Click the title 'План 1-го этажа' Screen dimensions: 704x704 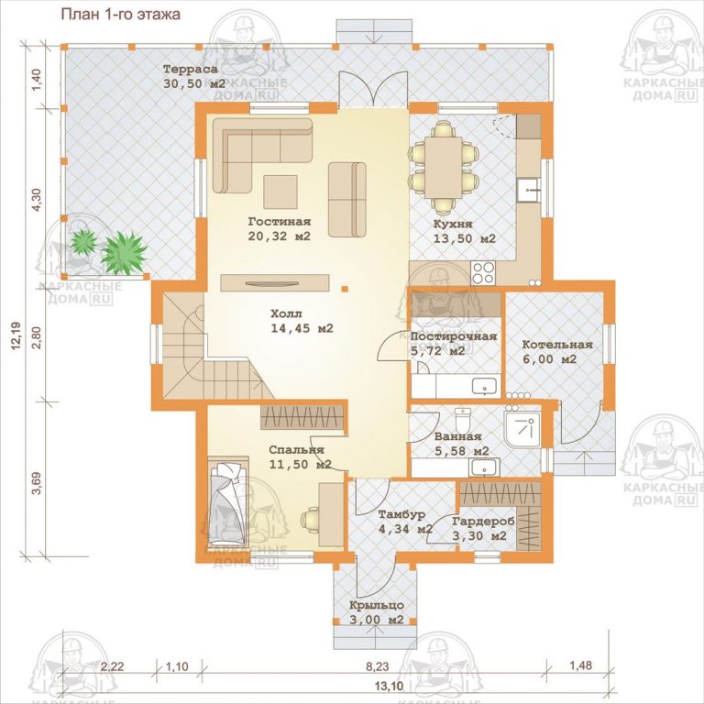pos(120,14)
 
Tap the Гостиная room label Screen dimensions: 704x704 pos(280,221)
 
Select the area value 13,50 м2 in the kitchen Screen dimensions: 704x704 pos(464,238)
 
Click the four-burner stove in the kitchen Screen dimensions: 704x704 pos(483,273)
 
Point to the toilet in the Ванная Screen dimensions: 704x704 pos(462,419)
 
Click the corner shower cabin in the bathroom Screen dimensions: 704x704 pos(522,430)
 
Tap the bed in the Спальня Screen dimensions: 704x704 pos(228,502)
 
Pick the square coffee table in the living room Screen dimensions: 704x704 pos(280,192)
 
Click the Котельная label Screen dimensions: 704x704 pos(557,345)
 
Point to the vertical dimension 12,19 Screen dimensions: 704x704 pos(17,335)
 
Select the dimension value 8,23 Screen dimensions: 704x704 pos(377,665)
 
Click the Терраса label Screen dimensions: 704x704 pos(190,69)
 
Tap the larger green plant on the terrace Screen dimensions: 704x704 pos(124,253)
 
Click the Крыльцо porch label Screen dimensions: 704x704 pos(377,605)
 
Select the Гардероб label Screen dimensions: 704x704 pos(483,522)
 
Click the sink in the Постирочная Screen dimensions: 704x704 pos(485,386)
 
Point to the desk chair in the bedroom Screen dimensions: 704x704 pos(310,521)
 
